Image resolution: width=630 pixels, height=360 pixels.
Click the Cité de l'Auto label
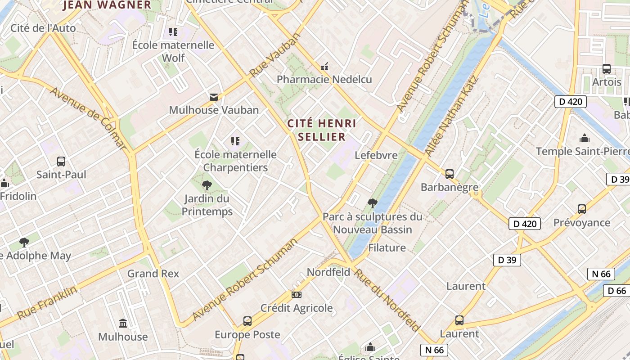tap(43, 28)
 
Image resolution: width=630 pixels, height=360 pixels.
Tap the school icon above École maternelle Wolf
tap(173, 32)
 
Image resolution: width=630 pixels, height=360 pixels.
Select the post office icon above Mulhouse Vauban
tap(213, 97)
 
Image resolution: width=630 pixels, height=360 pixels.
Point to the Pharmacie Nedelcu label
tap(324, 80)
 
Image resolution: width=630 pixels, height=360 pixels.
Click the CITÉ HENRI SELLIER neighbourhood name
tap(322, 130)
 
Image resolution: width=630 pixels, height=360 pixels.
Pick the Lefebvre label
tap(376, 155)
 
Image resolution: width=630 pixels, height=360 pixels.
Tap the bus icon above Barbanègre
tap(449, 174)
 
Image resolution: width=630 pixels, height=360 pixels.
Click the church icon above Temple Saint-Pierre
tap(585, 138)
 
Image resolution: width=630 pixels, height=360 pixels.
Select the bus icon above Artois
tap(606, 69)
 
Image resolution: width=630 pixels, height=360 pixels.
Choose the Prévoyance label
tap(581, 223)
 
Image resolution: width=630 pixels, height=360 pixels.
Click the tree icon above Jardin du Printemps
tap(207, 185)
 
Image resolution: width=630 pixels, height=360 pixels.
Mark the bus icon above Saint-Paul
tap(61, 161)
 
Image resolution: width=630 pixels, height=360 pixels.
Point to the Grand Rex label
tap(153, 274)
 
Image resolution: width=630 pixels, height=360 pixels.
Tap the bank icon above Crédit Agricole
tap(296, 295)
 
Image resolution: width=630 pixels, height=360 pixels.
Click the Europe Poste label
tap(247, 335)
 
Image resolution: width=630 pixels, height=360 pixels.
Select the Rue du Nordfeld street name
tap(387, 299)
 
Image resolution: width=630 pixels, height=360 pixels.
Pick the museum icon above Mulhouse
tap(123, 323)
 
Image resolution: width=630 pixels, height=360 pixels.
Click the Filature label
tap(387, 247)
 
